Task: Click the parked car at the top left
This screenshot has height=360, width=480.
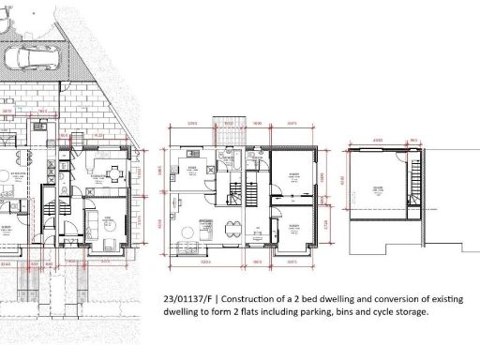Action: [32, 59]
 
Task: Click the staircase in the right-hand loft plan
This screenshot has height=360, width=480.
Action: [412, 173]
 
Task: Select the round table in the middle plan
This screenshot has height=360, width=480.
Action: [193, 230]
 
